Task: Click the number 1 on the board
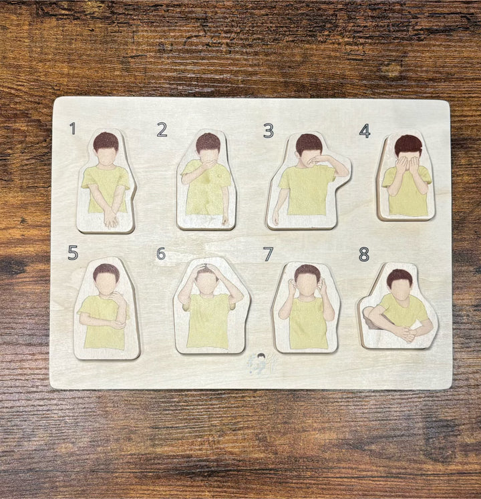click(x=73, y=128)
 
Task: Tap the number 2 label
click(x=162, y=130)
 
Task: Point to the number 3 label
click(x=268, y=131)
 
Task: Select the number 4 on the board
click(x=365, y=131)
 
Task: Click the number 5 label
click(x=73, y=253)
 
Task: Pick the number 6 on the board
click(x=161, y=254)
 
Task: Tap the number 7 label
click(x=268, y=254)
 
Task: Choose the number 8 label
click(x=364, y=254)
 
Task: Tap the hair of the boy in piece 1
click(x=106, y=141)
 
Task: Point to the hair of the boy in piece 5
click(x=106, y=271)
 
